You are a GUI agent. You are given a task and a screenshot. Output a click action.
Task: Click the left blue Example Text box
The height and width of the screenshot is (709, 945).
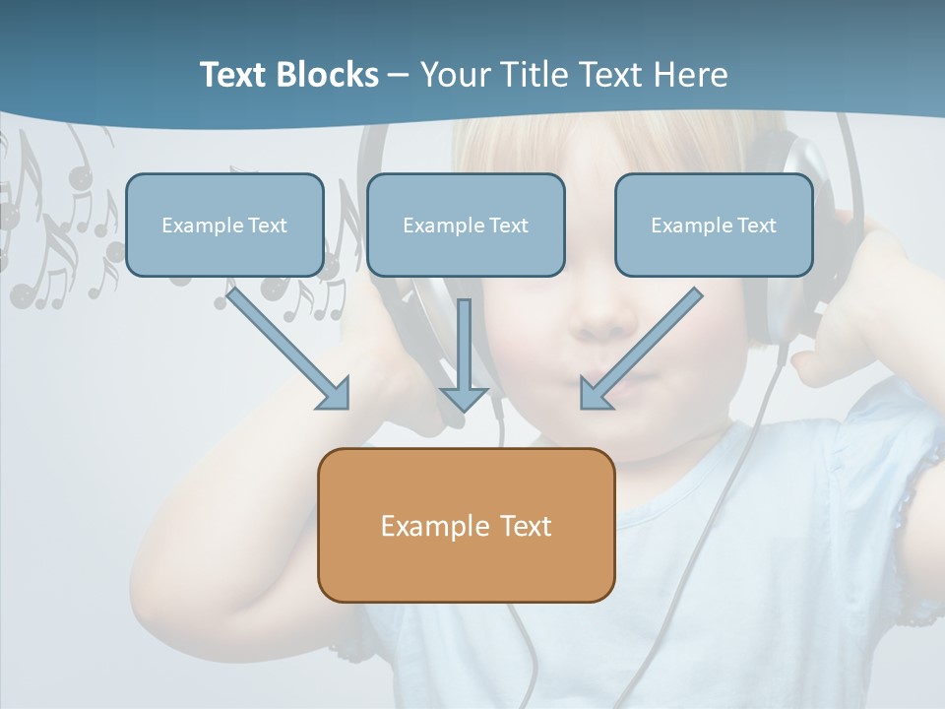coord(224,225)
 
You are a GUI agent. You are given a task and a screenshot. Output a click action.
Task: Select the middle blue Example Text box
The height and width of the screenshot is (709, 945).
coord(466,225)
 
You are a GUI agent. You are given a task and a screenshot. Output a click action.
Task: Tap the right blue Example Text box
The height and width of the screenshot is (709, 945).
coord(714,225)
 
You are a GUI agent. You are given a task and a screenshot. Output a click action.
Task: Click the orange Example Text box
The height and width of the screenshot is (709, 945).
coord(466,525)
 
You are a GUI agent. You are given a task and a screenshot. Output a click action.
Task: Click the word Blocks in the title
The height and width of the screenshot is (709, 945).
coord(329,75)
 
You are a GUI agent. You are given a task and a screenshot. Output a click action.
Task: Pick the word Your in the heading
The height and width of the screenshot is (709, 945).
coord(455,75)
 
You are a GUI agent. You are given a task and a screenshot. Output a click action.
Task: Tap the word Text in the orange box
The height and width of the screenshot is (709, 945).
coord(526,526)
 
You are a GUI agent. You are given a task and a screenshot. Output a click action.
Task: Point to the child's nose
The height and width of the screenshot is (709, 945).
coord(606,315)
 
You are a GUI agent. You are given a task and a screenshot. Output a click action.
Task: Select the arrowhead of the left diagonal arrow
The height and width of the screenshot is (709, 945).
coord(335,394)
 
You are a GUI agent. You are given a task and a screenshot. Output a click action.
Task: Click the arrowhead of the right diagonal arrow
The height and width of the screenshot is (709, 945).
coord(595,393)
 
